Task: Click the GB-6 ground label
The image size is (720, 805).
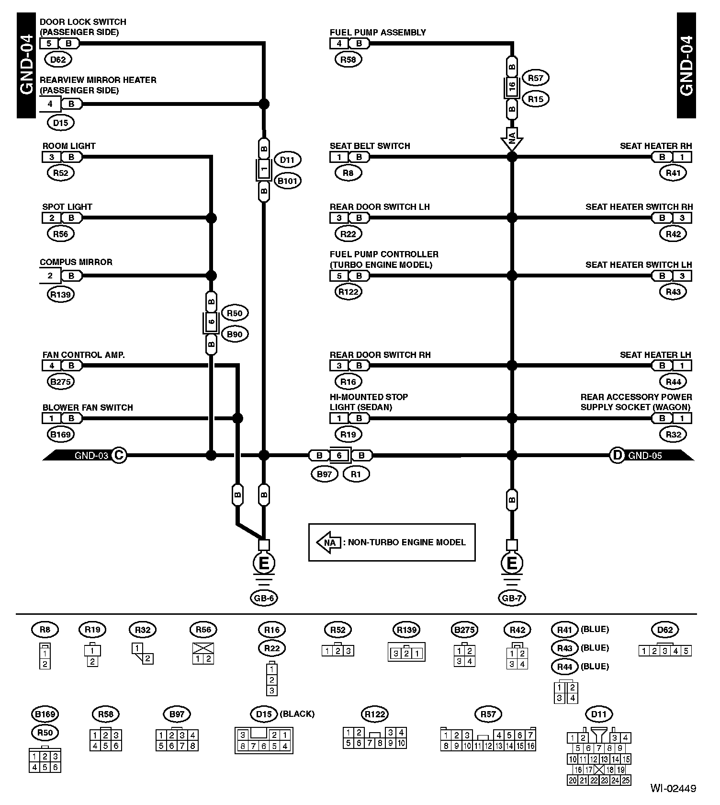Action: pos(264,598)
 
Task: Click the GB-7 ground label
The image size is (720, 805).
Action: pos(512,598)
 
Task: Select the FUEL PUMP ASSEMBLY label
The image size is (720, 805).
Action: pos(377,33)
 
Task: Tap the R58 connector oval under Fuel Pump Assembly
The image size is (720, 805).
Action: pos(348,59)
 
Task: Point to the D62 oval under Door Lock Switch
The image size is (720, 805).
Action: pos(58,59)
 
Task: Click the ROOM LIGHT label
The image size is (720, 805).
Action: pos(69,146)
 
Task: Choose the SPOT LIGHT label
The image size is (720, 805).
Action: pos(67,207)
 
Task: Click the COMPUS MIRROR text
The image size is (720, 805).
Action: pos(76,262)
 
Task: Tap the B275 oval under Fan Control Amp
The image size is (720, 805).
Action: pos(61,382)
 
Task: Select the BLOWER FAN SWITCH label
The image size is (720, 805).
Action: pos(88,408)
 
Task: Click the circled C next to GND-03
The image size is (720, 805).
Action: pos(119,455)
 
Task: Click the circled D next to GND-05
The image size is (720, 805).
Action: pos(617,455)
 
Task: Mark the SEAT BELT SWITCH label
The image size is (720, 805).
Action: pos(370,146)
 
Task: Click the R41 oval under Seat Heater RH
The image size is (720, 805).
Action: pos(673,173)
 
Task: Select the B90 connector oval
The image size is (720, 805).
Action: pos(235,334)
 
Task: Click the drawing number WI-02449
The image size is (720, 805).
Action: pos(673,788)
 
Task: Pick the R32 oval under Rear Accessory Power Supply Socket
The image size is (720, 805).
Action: pos(673,435)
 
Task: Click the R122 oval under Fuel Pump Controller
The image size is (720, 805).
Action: pos(348,292)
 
